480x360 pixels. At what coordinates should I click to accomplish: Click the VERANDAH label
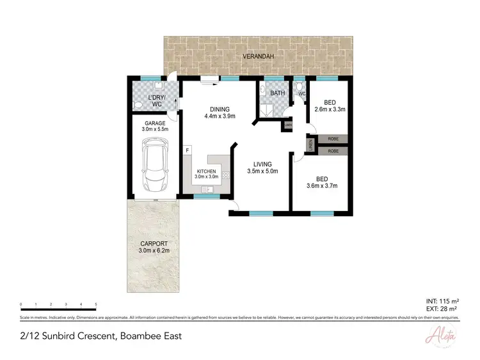(x=258, y=57)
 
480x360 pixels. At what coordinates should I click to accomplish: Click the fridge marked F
(x=187, y=150)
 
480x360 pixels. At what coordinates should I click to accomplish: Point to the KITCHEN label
(x=207, y=171)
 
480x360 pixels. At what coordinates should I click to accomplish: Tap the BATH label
(x=278, y=93)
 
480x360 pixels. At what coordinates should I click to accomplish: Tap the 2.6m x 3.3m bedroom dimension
(x=330, y=109)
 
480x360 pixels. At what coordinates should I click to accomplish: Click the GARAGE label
(x=154, y=123)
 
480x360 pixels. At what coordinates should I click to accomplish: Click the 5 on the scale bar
(x=96, y=304)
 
